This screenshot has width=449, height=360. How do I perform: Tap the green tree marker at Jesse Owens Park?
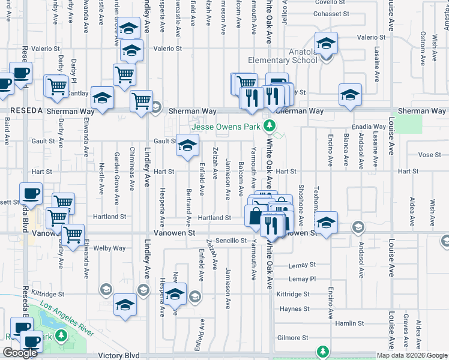coord(270,126)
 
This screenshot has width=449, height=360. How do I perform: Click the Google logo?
coord(20,353)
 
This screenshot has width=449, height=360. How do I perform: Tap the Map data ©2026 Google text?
coord(412,355)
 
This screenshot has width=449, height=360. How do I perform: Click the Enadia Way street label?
coord(370,127)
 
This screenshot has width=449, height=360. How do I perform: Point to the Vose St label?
coord(429,155)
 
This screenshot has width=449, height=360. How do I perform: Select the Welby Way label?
coord(109,248)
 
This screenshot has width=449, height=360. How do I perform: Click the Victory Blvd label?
coord(124,356)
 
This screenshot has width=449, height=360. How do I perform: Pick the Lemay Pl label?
coord(301,279)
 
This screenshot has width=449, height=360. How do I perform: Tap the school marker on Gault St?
coord(187,145)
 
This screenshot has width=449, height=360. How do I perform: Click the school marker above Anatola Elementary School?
coord(326,44)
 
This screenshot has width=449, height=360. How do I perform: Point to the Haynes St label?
coord(294,309)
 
